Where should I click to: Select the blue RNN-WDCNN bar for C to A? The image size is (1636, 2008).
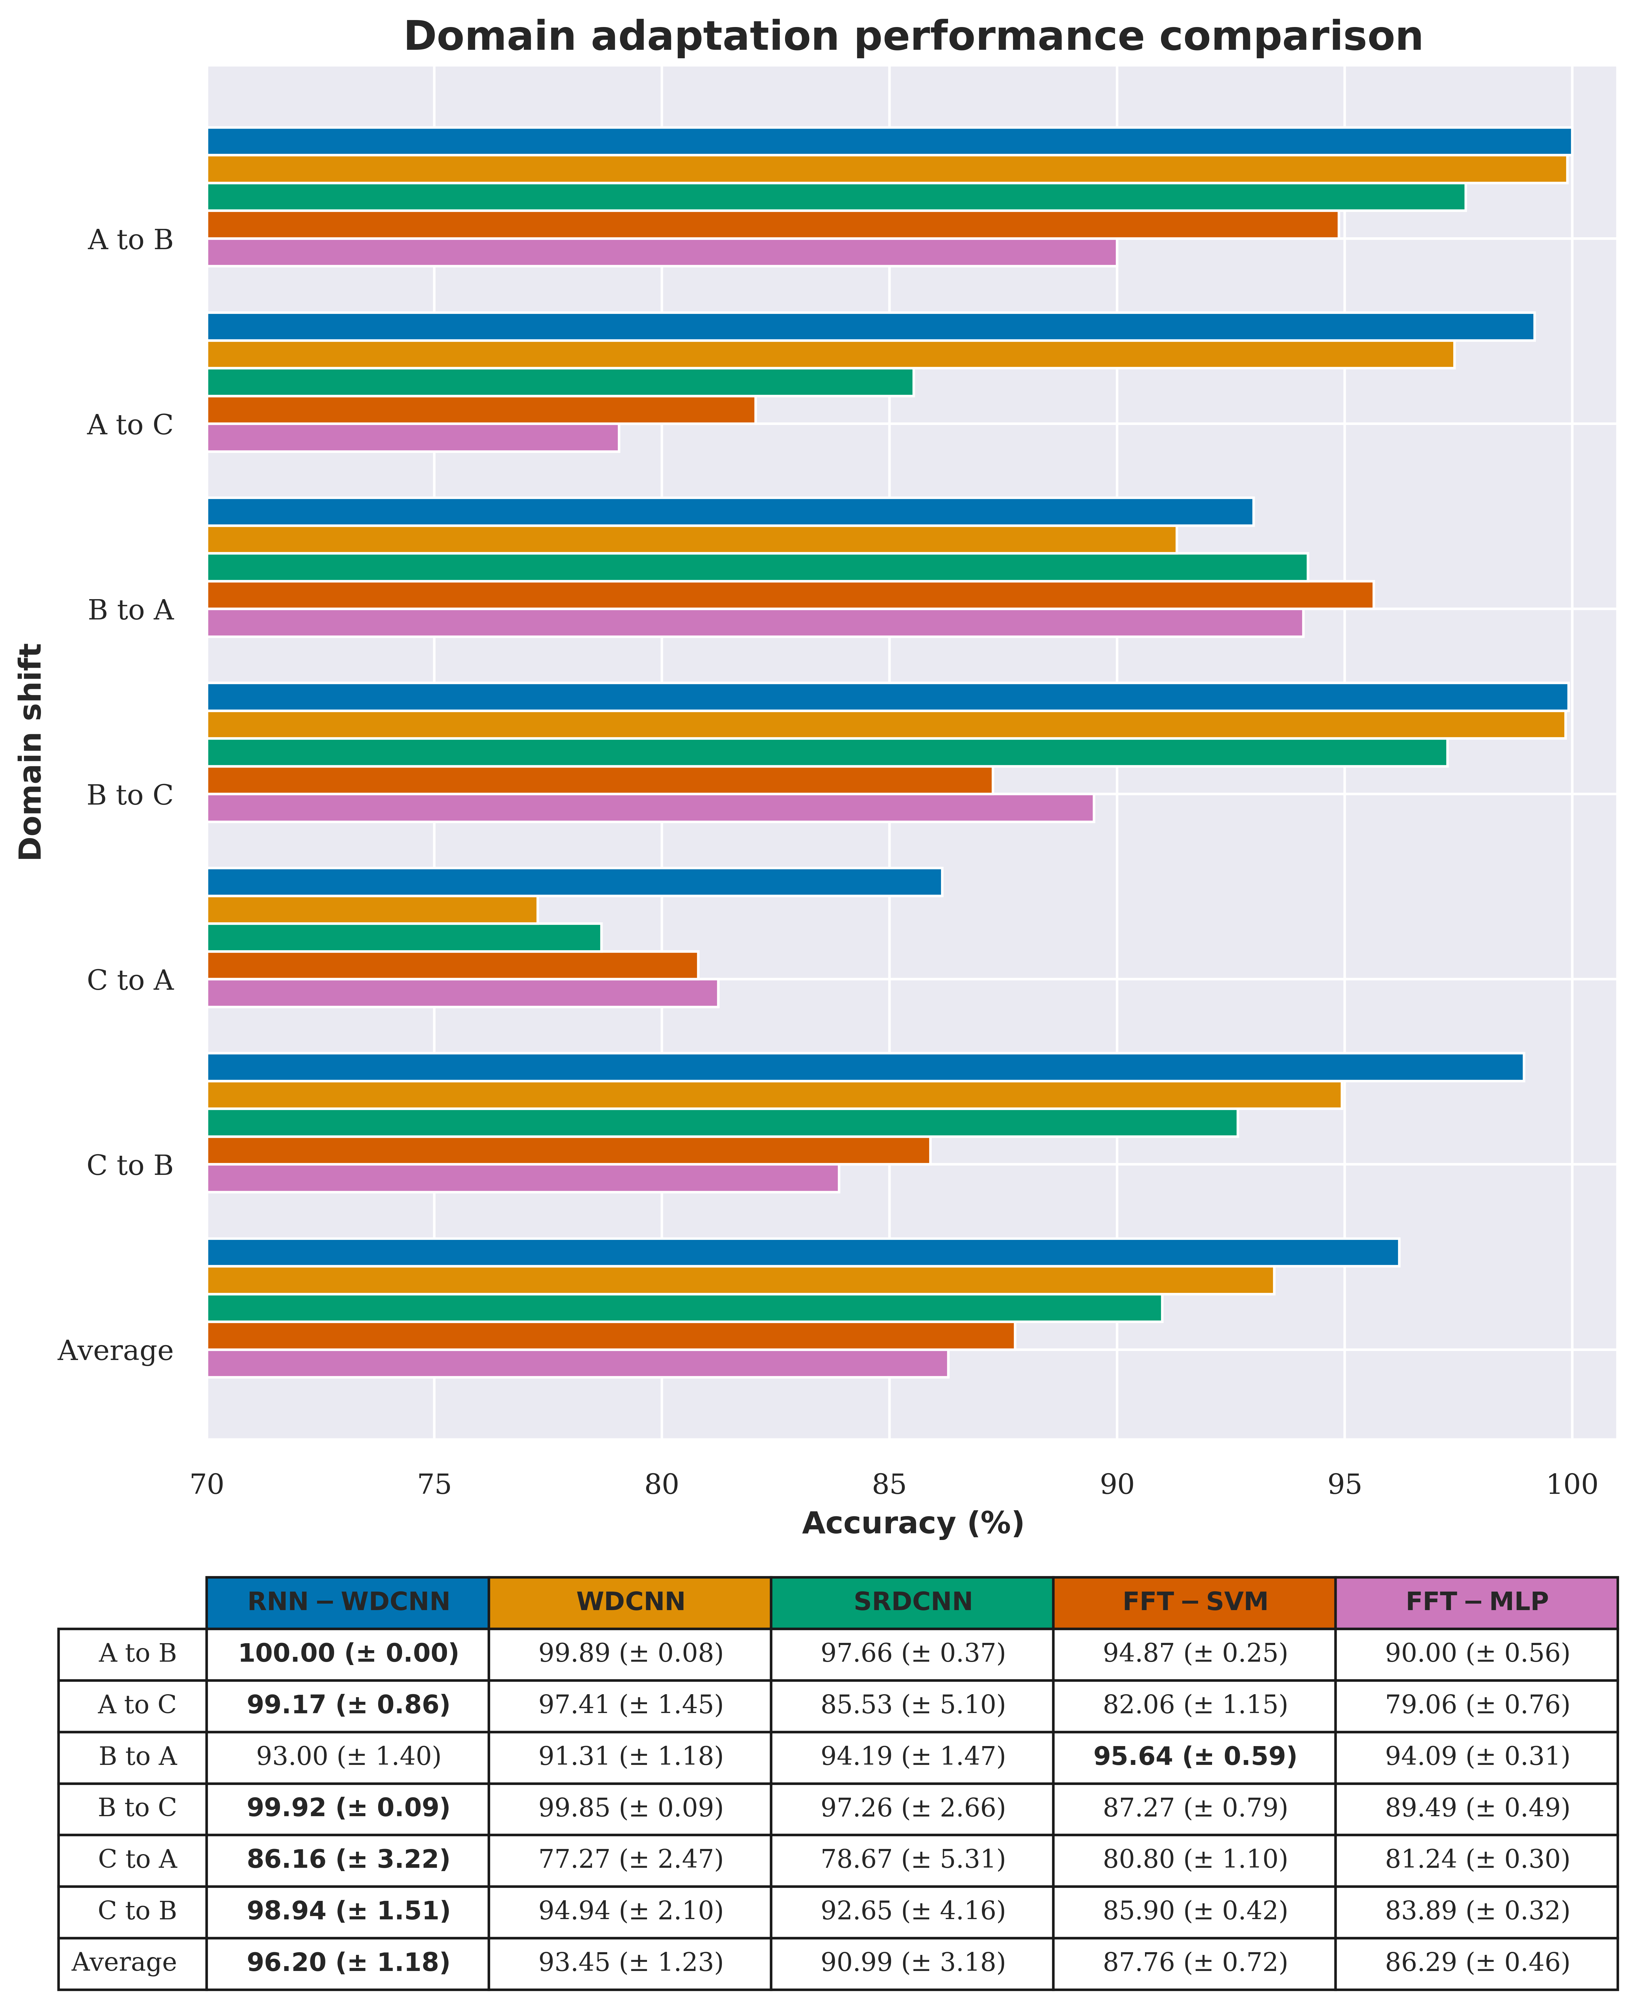tap(574, 882)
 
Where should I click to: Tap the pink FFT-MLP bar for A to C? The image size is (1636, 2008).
tap(413, 438)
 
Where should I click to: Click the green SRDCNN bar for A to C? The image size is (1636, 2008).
tap(560, 382)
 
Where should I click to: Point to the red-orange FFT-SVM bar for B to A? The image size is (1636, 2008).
tap(790, 595)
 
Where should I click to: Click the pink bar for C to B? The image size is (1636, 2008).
tap(522, 1179)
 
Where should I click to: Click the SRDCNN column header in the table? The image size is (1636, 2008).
tap(912, 1602)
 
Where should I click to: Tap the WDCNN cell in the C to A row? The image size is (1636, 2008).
tap(631, 1859)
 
